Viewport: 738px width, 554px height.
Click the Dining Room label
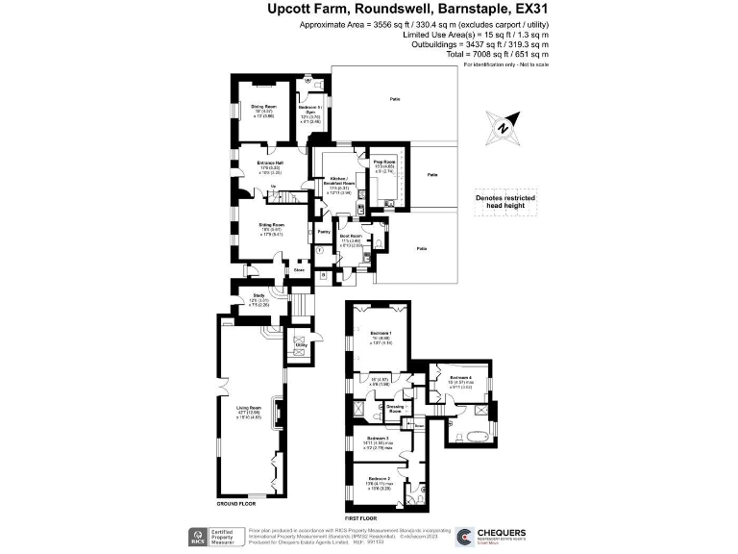pyautogui.click(x=263, y=106)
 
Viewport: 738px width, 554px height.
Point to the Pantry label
pyautogui.click(x=323, y=231)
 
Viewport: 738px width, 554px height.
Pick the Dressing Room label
pyautogui.click(x=394, y=407)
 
